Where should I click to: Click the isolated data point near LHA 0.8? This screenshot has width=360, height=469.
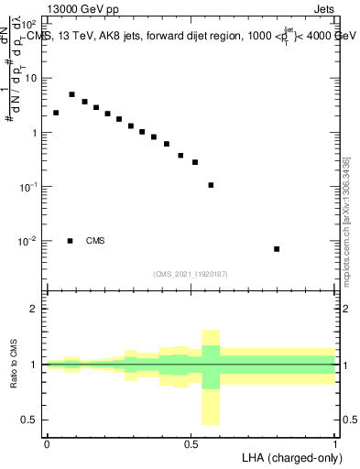277,249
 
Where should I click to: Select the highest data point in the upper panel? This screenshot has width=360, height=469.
71,94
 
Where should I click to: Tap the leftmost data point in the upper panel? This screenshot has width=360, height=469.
56,113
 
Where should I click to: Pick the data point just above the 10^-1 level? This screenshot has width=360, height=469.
211,185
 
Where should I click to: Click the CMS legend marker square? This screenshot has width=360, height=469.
70,241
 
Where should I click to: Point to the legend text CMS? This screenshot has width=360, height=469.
95,241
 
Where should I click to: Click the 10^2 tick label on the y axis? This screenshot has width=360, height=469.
29,24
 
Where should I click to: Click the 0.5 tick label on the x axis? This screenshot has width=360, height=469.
191,443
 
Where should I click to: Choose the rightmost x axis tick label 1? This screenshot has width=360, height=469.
336,443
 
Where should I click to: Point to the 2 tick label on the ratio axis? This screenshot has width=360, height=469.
33,310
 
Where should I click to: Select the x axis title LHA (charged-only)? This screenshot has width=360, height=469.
289,457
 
